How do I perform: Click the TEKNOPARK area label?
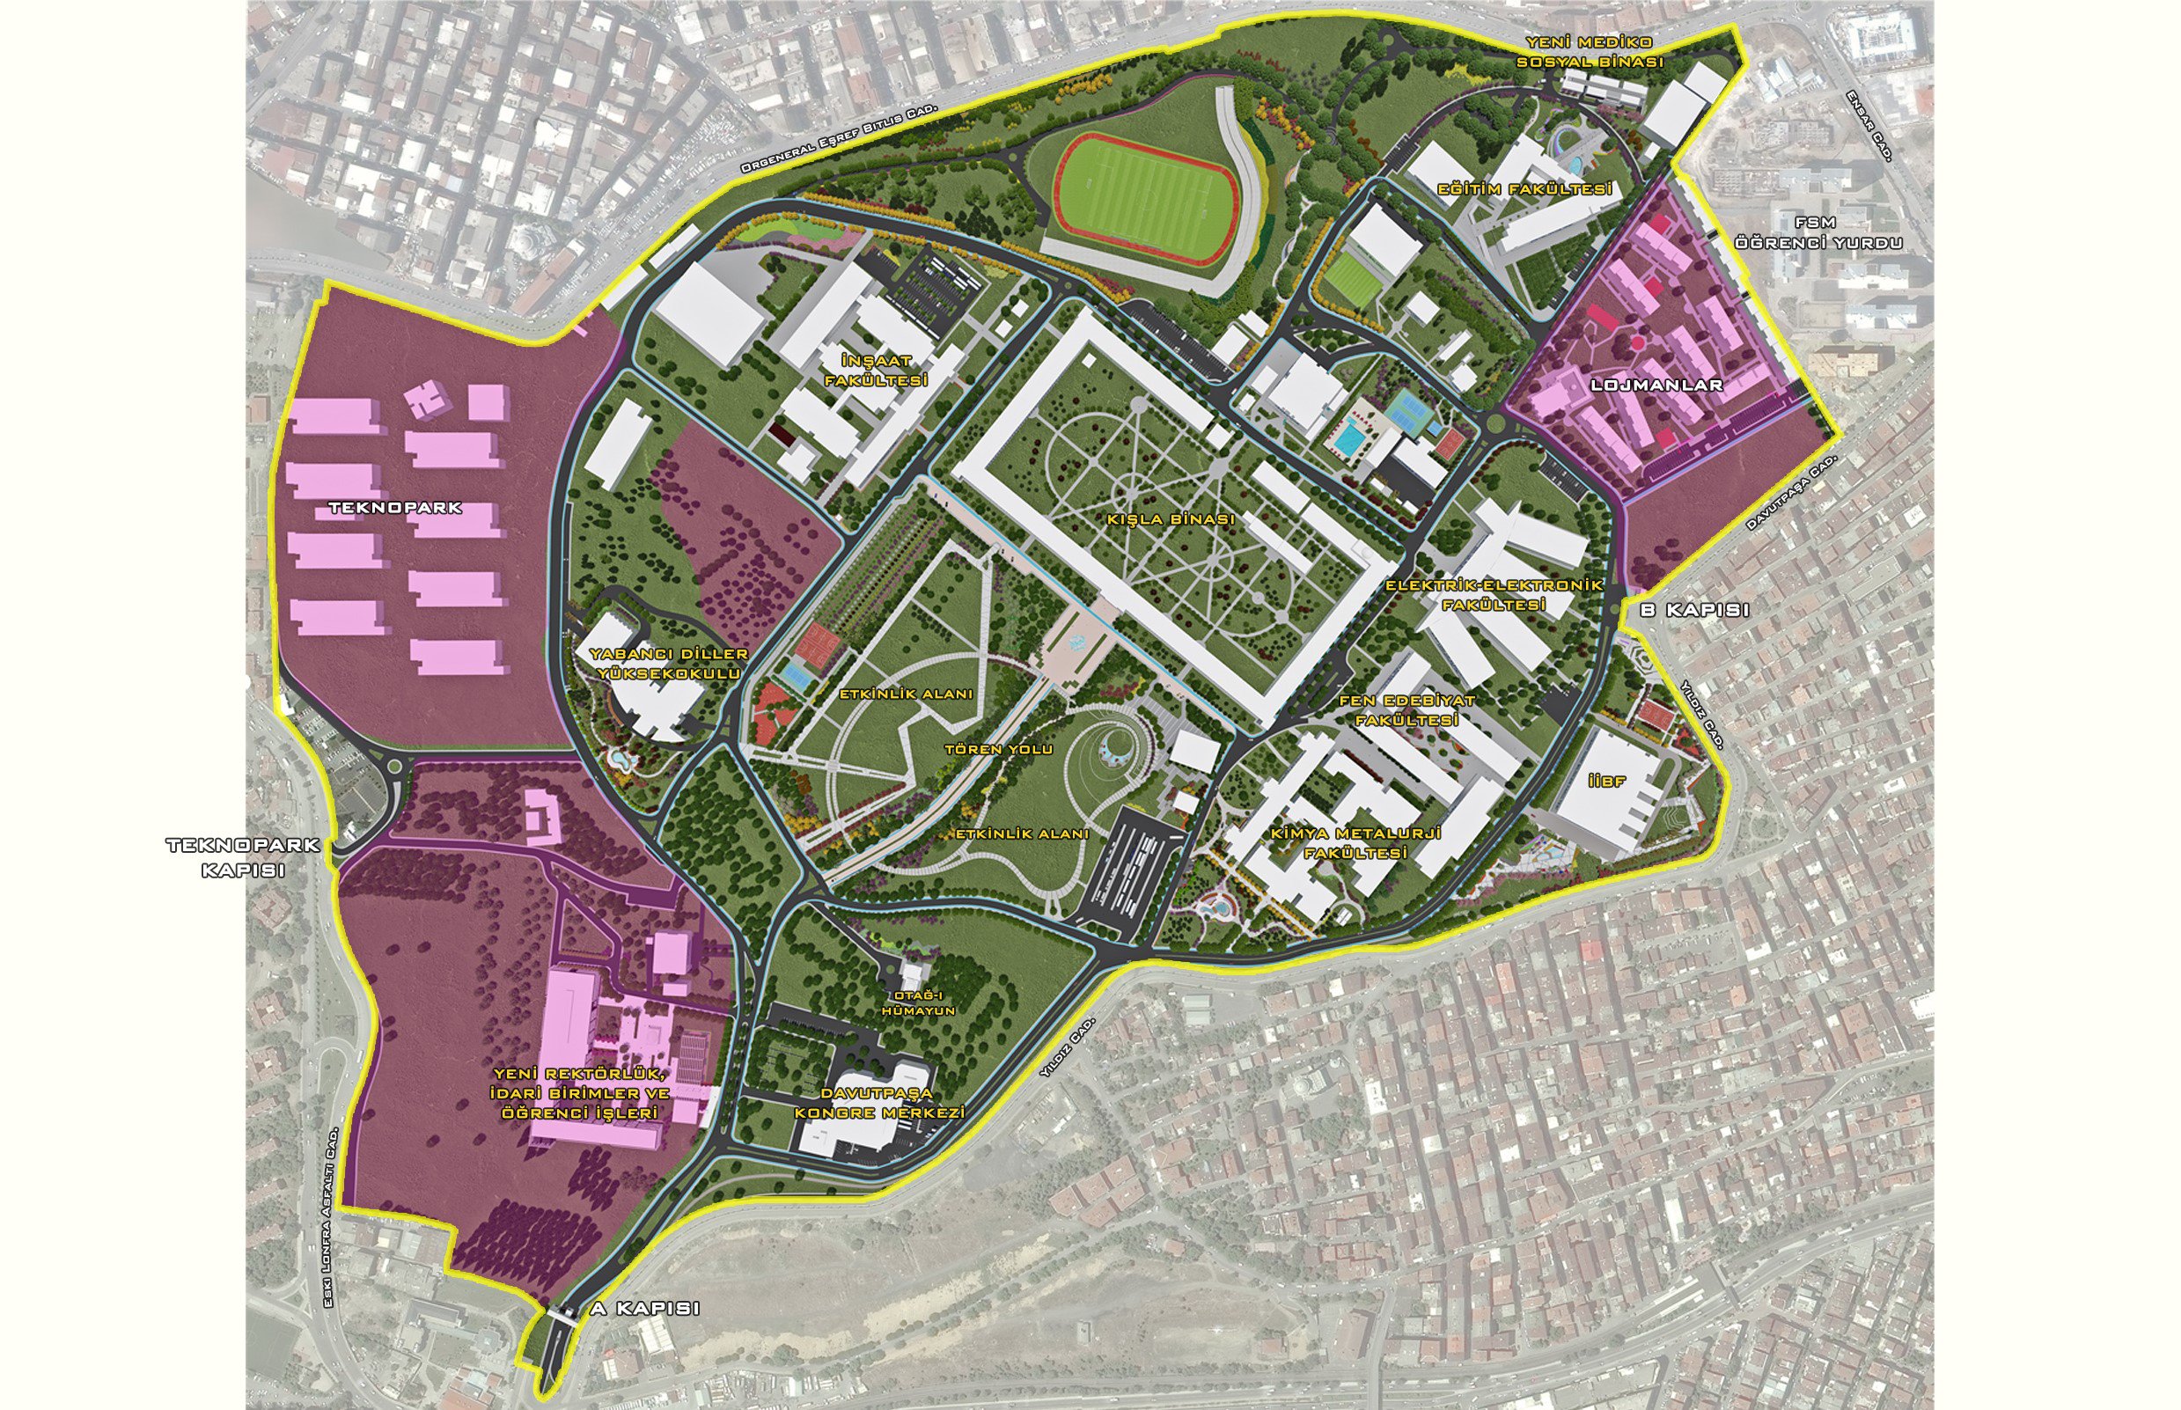click(395, 507)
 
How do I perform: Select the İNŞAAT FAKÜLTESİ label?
click(877, 371)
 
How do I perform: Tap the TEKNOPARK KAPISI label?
click(243, 857)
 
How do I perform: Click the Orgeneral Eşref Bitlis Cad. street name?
click(841, 137)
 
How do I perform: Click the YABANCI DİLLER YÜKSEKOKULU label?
click(668, 664)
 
